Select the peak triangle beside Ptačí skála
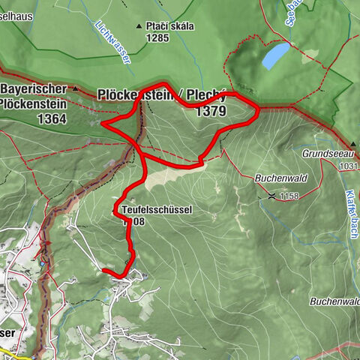click(x=139, y=27)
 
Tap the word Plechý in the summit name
click(x=211, y=94)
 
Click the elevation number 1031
click(x=349, y=166)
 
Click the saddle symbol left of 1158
click(x=271, y=196)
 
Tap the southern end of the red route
click(x=103, y=270)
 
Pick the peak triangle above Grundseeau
click(x=352, y=143)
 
